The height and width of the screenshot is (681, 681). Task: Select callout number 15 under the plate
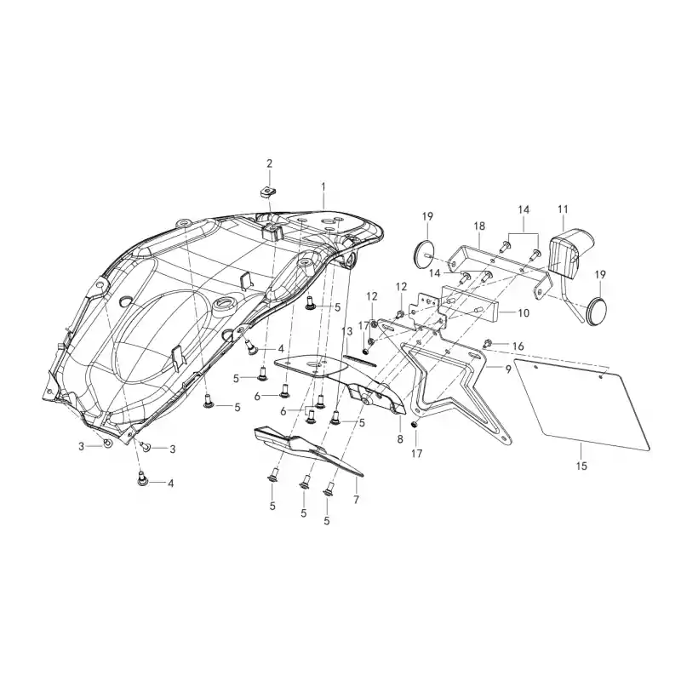click(581, 466)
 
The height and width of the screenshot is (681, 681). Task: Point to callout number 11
click(563, 209)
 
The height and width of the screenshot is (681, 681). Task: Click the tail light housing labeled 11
click(569, 252)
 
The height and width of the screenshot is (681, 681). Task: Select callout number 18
click(479, 226)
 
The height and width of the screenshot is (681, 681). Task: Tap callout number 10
click(524, 312)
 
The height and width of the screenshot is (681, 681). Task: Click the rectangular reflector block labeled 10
click(470, 304)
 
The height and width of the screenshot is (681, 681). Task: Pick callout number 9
click(508, 370)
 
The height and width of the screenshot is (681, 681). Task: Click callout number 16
click(518, 346)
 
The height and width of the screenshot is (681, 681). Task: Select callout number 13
click(347, 331)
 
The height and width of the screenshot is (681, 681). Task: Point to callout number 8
click(400, 438)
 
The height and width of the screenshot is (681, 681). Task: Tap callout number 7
click(356, 500)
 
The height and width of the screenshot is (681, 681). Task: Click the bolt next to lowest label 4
click(142, 478)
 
